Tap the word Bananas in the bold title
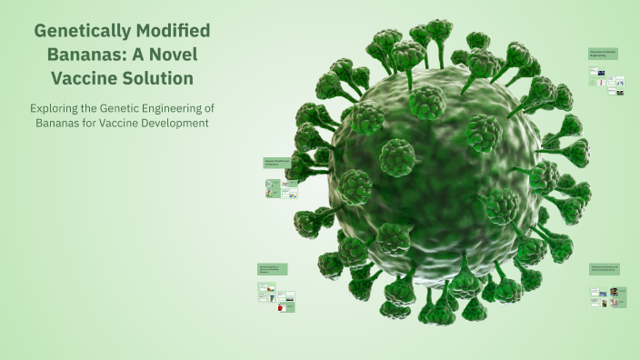click(87, 55)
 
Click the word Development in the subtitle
click(181, 123)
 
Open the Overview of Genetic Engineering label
click(605, 55)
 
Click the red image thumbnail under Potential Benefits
click(281, 308)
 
